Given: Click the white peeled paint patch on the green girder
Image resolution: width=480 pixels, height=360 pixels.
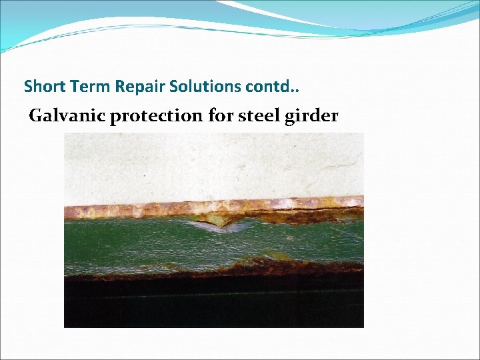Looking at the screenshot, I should pyautogui.click(x=220, y=226).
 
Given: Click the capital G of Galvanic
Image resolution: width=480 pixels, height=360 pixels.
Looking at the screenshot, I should pyautogui.click(x=35, y=116).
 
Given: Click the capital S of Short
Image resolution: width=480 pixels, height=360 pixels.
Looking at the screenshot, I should pyautogui.click(x=28, y=87).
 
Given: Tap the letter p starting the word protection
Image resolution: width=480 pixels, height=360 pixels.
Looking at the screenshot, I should pyautogui.click(x=115, y=118).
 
